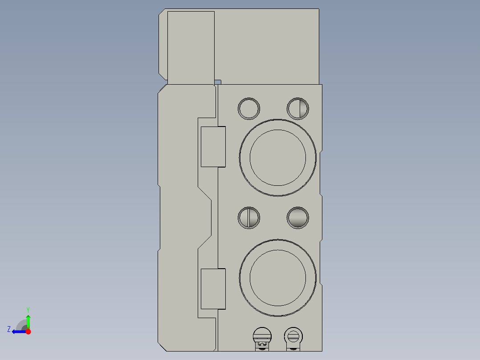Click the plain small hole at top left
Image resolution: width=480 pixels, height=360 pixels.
(x=249, y=108)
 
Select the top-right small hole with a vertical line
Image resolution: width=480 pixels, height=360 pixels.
(x=298, y=108)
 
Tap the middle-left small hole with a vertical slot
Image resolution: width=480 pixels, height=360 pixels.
(x=249, y=218)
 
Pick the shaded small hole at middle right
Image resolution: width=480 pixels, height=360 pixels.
(x=298, y=218)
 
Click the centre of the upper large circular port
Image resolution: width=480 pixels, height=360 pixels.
(x=278, y=157)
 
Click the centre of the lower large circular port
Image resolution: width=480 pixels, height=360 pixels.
(x=278, y=278)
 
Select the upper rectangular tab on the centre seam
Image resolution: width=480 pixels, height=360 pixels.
(x=213, y=147)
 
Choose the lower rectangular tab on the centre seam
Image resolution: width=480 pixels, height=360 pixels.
(x=213, y=289)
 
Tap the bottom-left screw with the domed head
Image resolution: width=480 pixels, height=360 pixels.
(x=262, y=339)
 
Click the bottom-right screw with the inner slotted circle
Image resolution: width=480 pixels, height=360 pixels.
(x=293, y=339)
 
